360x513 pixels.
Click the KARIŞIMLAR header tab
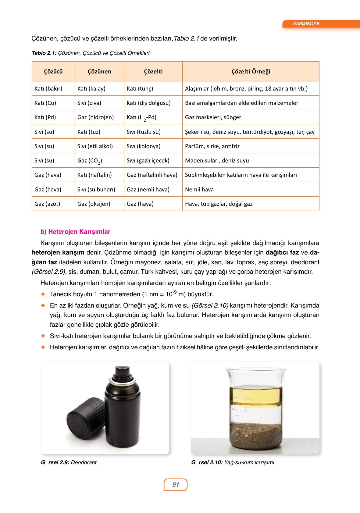pos(306,23)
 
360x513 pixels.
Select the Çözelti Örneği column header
pos(251,72)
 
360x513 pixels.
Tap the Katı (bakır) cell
pos(48,89)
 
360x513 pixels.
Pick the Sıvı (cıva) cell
pos(89,103)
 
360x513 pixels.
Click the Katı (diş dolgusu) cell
pos(148,103)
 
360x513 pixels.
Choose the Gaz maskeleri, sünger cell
pos(213,117)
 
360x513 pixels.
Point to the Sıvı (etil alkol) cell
pos(95,146)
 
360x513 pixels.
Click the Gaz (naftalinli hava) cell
pos(152,175)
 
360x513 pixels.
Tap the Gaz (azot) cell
pos(47,204)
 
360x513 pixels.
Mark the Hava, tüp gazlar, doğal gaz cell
pos(219,204)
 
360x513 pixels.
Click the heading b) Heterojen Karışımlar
pos(75,232)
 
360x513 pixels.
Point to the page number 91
pos(176,485)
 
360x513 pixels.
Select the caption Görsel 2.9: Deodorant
pos(69,462)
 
